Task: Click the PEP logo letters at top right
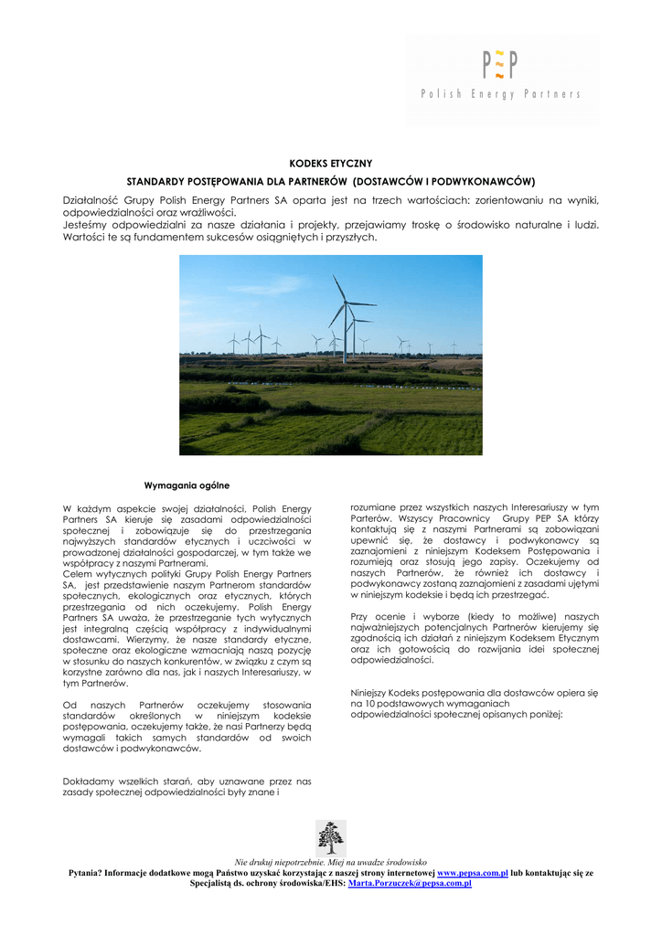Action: point(500,66)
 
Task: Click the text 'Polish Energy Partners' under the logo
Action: point(500,94)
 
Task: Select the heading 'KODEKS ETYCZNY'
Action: point(330,163)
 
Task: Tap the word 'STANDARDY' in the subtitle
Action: point(156,181)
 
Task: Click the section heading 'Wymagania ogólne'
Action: point(187,484)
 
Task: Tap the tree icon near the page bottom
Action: point(330,837)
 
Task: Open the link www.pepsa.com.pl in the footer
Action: point(473,873)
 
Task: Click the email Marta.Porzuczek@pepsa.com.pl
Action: point(410,884)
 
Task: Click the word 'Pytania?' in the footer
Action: point(86,873)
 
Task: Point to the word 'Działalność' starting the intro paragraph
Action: point(92,199)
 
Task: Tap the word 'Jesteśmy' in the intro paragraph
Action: point(88,224)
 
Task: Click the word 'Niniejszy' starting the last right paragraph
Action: point(372,693)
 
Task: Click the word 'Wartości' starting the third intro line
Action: point(85,237)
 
